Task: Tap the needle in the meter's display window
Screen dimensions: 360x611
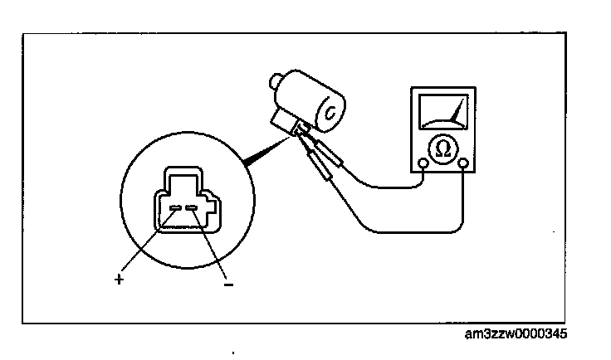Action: tap(452, 113)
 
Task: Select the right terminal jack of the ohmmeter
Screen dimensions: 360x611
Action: tap(462, 163)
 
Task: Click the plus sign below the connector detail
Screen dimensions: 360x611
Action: tap(119, 280)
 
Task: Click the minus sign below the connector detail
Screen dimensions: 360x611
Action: tap(227, 285)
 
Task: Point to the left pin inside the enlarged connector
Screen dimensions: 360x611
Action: tap(175, 208)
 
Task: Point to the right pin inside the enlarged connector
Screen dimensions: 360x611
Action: tap(193, 208)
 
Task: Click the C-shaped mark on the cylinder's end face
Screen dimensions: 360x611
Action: tap(334, 112)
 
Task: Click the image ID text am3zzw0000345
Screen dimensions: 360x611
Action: tap(519, 335)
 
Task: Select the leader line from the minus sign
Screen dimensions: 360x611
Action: tap(211, 245)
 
